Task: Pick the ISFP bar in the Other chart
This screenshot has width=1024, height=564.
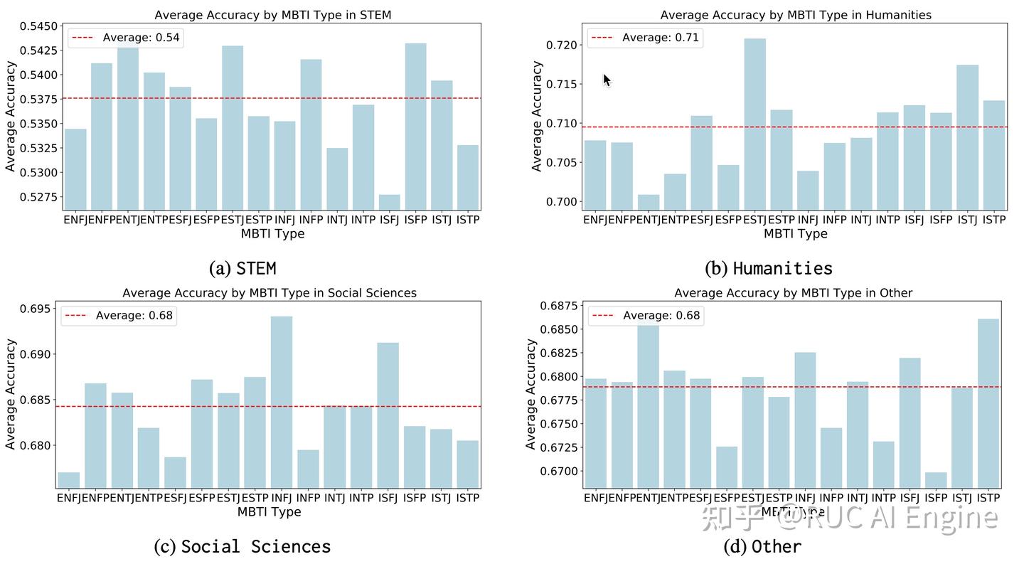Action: tap(936, 480)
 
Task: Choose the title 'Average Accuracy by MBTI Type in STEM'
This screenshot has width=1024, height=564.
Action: tap(272, 15)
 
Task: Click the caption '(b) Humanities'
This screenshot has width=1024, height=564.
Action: tap(769, 268)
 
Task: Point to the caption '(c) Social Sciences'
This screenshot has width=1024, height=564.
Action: tap(242, 546)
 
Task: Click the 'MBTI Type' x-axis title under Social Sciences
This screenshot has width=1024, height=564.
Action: tap(269, 512)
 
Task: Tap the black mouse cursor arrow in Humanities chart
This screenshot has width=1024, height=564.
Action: tap(607, 80)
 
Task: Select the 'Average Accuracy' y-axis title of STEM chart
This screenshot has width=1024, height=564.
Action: tap(11, 116)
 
